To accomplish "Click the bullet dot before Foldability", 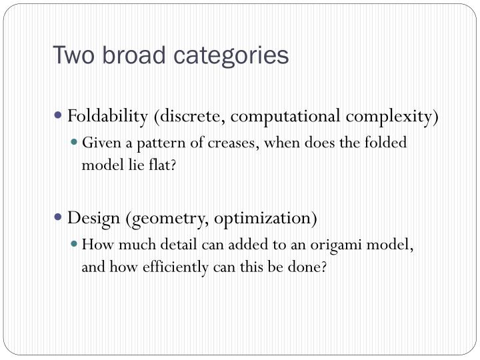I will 59,115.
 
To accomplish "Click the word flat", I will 165,165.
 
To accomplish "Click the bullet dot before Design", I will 59,217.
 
